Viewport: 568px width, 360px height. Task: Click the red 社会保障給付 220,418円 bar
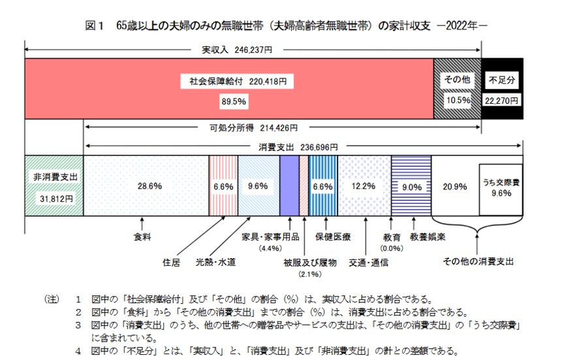click(229, 88)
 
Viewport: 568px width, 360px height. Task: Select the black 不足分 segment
click(502, 88)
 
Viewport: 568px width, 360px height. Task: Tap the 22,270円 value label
click(502, 101)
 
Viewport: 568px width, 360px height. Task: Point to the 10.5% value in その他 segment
click(458, 101)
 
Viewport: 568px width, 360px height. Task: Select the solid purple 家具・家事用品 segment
click(289, 186)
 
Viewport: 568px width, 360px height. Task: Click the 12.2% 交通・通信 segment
click(364, 186)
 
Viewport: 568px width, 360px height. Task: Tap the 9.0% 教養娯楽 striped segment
click(411, 186)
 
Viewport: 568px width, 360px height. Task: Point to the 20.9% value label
click(454, 186)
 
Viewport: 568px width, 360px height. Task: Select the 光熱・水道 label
click(215, 262)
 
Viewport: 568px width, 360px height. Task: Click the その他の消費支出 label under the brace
click(478, 261)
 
